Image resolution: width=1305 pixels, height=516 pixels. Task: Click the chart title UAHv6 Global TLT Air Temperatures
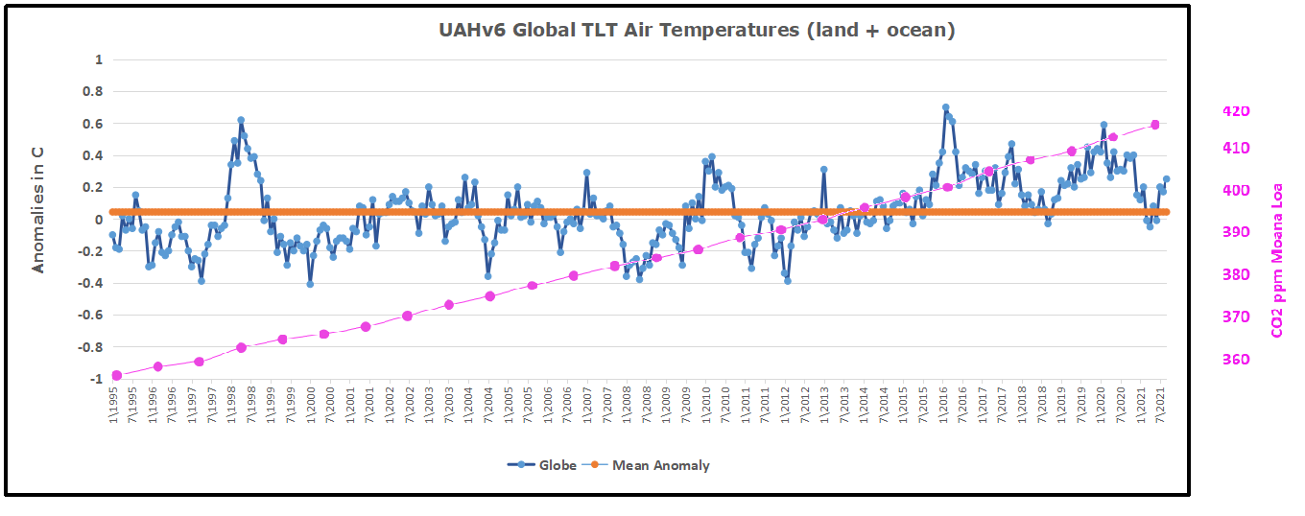point(697,31)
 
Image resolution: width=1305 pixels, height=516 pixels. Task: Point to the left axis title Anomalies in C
point(39,219)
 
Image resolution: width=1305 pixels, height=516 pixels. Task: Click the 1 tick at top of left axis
point(97,59)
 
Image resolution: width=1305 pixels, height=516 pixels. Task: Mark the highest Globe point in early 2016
point(945,108)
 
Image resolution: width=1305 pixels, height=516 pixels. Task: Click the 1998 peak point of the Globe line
point(241,121)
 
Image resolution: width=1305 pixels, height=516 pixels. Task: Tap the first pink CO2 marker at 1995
point(116,375)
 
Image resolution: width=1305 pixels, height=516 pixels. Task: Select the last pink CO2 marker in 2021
point(1154,125)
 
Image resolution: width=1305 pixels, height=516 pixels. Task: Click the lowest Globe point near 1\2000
point(310,284)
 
